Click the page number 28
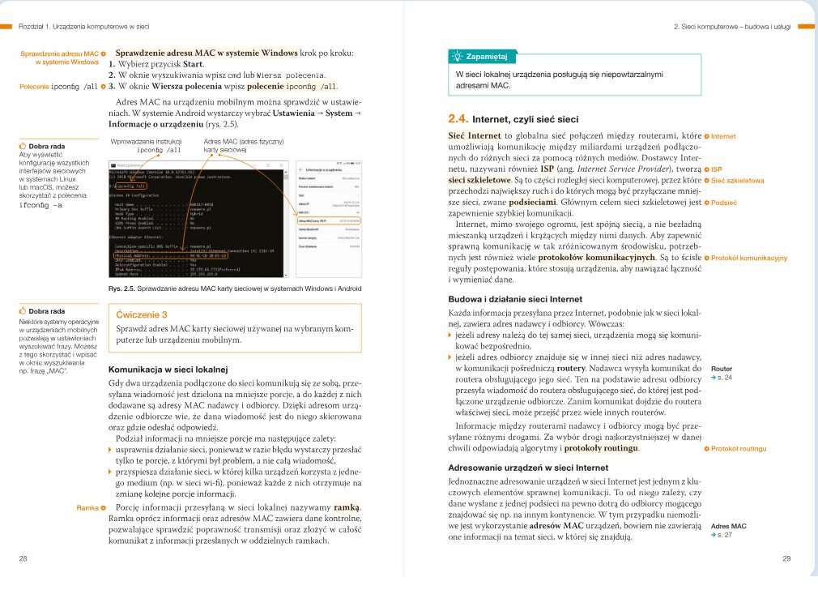pyautogui.click(x=23, y=558)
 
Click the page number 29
pyautogui.click(x=786, y=558)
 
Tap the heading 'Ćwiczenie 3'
pyautogui.click(x=142, y=314)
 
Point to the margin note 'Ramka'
pyautogui.click(x=87, y=508)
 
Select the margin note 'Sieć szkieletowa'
pyautogui.click(x=737, y=181)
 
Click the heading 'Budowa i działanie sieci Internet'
pyautogui.click(x=515, y=299)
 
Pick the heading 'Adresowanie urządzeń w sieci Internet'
pyautogui.click(x=528, y=468)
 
